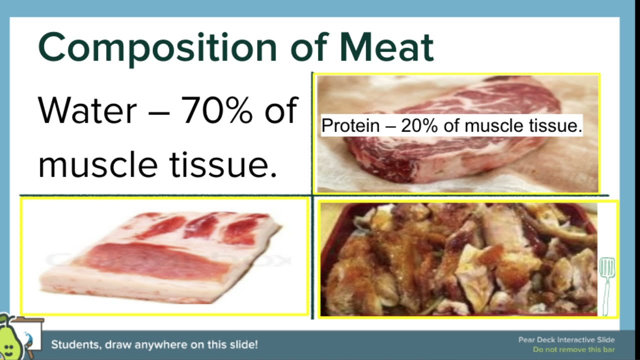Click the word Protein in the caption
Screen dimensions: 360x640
tap(350, 125)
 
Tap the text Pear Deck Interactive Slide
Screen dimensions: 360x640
tap(566, 340)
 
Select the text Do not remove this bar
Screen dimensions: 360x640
tap(573, 349)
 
